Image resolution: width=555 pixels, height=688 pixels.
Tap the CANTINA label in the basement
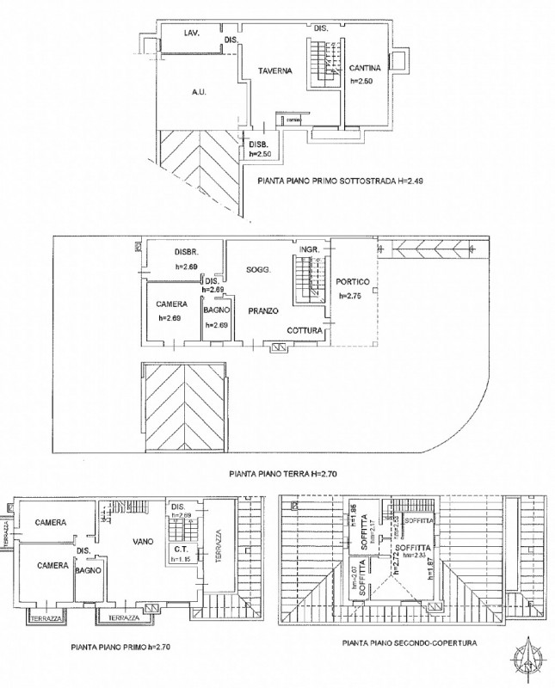[365, 68]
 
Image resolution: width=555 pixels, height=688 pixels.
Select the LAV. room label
[193, 33]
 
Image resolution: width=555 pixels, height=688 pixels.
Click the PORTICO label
[353, 282]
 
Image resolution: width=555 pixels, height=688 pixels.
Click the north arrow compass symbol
[527, 658]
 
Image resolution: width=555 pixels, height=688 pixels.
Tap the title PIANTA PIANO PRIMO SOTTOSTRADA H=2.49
[341, 181]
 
